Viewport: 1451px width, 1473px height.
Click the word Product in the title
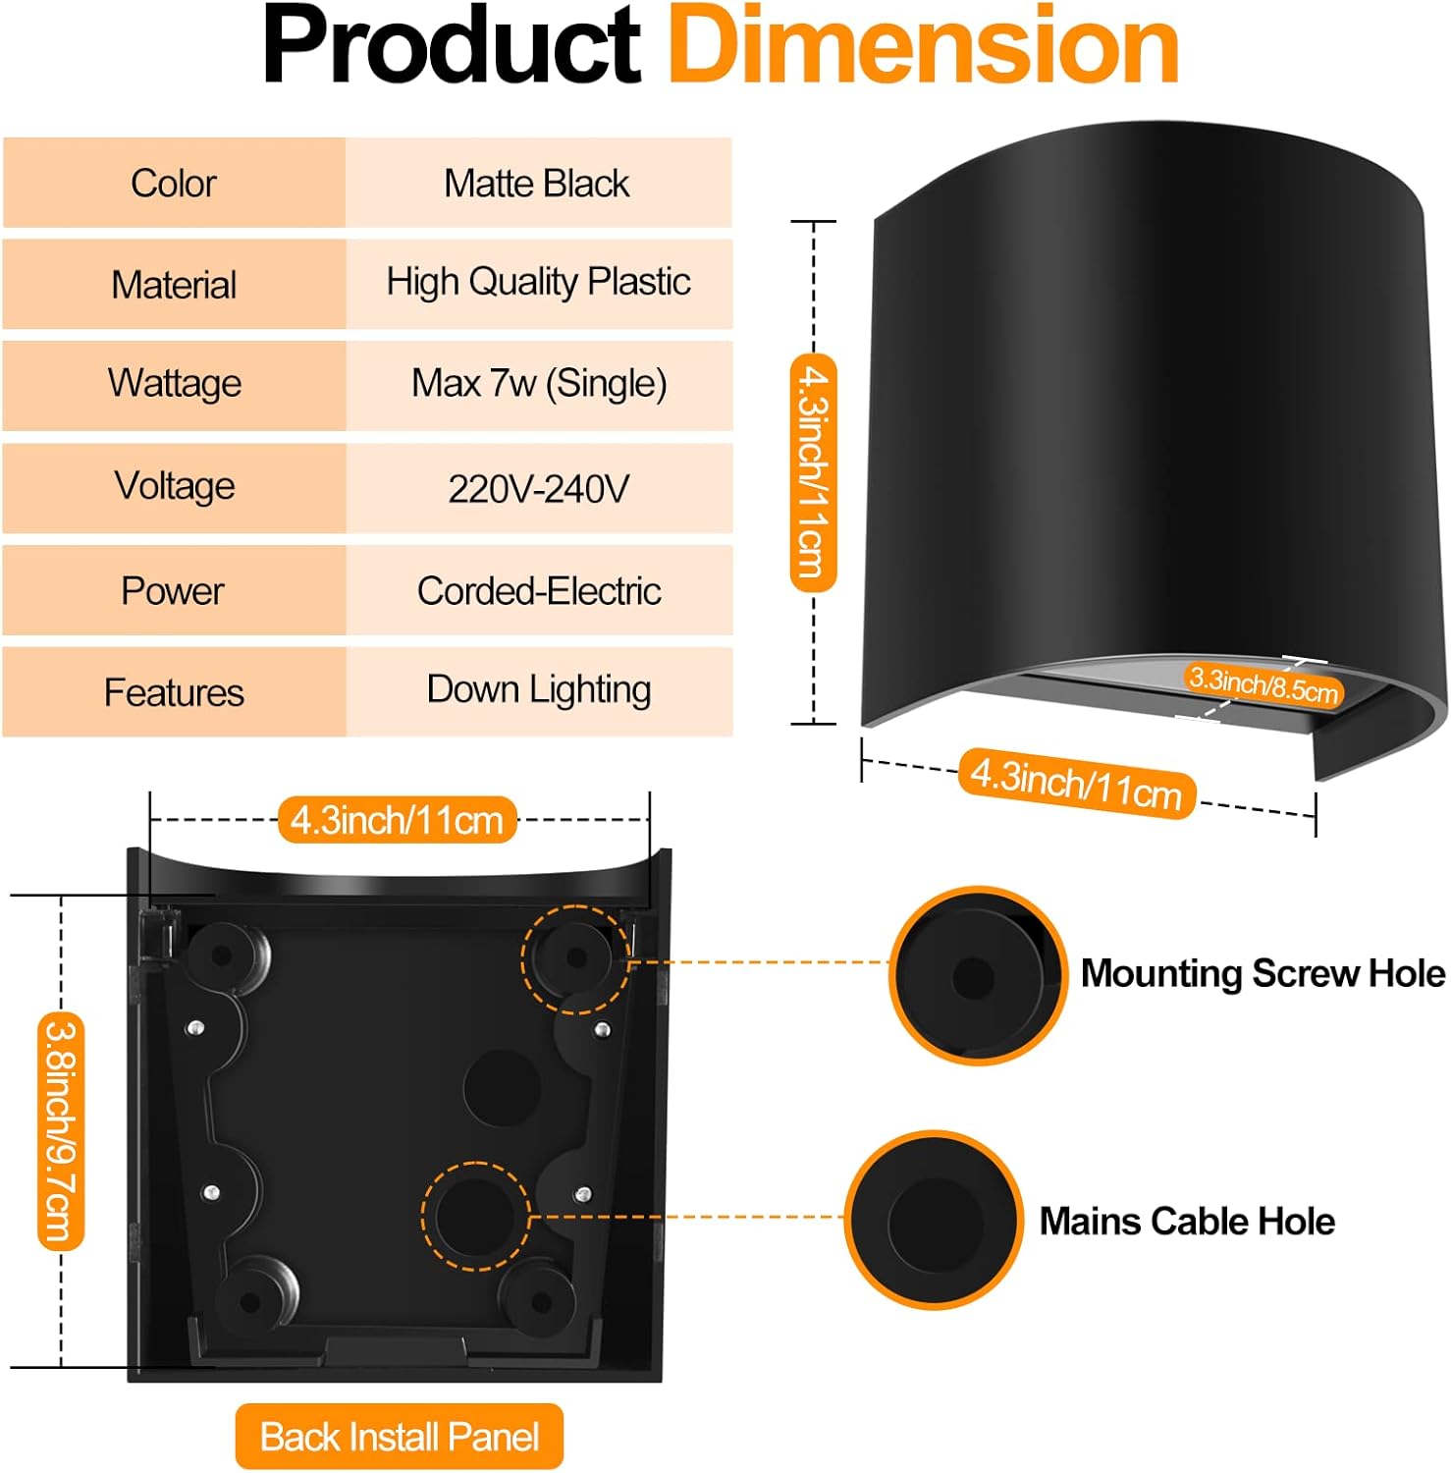[452, 47]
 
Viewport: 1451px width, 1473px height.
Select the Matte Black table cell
[537, 184]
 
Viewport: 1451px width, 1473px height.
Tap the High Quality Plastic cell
[538, 283]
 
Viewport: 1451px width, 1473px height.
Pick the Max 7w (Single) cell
[539, 383]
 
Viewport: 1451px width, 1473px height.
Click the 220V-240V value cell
[538, 488]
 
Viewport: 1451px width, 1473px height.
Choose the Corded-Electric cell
[539, 591]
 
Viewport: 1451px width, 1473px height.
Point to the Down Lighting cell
[539, 690]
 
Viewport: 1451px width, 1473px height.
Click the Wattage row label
[175, 383]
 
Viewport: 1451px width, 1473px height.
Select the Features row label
[174, 692]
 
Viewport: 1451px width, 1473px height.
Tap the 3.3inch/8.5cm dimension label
[1263, 684]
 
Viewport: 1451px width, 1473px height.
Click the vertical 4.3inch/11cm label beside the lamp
[813, 472]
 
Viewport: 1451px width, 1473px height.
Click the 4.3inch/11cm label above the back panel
[397, 820]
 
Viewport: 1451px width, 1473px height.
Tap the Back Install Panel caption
[400, 1437]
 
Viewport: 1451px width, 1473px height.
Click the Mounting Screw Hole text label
[1263, 973]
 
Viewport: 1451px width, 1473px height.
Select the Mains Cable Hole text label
[1187, 1221]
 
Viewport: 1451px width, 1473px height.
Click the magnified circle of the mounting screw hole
[977, 975]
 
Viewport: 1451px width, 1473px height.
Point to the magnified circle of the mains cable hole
[933, 1220]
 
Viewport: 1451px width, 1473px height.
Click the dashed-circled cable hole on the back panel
[476, 1216]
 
